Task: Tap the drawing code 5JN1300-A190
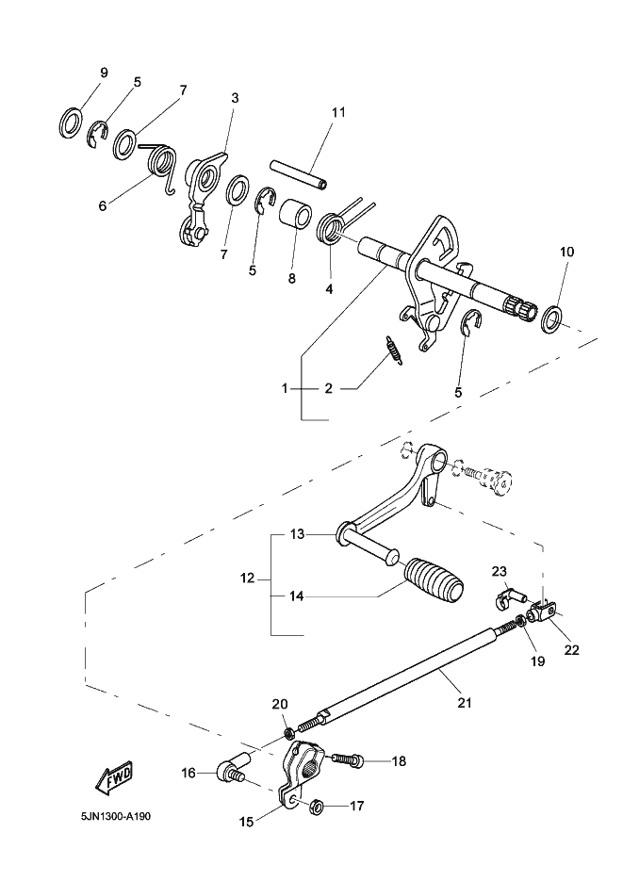tap(116, 815)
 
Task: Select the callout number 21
tap(465, 702)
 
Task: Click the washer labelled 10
tap(551, 318)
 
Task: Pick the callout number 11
tap(338, 112)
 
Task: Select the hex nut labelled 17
tap(316, 807)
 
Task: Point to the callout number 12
tap(247, 578)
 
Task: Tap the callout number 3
tap(235, 98)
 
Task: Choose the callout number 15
tap(246, 822)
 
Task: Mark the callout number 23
tap(499, 572)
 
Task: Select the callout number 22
tap(572, 650)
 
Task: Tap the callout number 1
tap(285, 388)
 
